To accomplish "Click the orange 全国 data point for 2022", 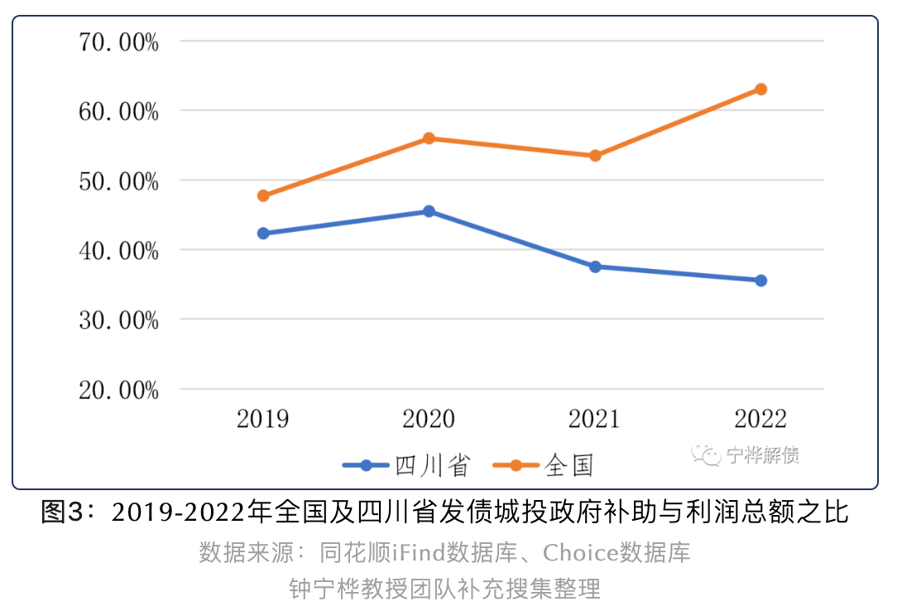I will click(760, 89).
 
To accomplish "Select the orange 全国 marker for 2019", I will click(263, 196).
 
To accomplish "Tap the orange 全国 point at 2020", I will click(429, 138).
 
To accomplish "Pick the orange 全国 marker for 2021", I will click(595, 156).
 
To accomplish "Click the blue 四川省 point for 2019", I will click(263, 233).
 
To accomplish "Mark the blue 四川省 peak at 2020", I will click(429, 211).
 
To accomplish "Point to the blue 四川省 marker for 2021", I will click(595, 267).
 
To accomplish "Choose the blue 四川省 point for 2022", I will click(760, 281).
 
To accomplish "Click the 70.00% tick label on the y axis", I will click(118, 41).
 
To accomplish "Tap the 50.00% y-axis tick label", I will click(118, 180).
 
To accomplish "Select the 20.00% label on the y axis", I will click(118, 390).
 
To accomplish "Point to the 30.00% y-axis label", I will click(118, 320).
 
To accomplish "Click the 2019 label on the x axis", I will click(263, 419).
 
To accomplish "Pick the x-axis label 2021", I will click(595, 419).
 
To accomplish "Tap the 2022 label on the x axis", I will click(760, 419).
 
